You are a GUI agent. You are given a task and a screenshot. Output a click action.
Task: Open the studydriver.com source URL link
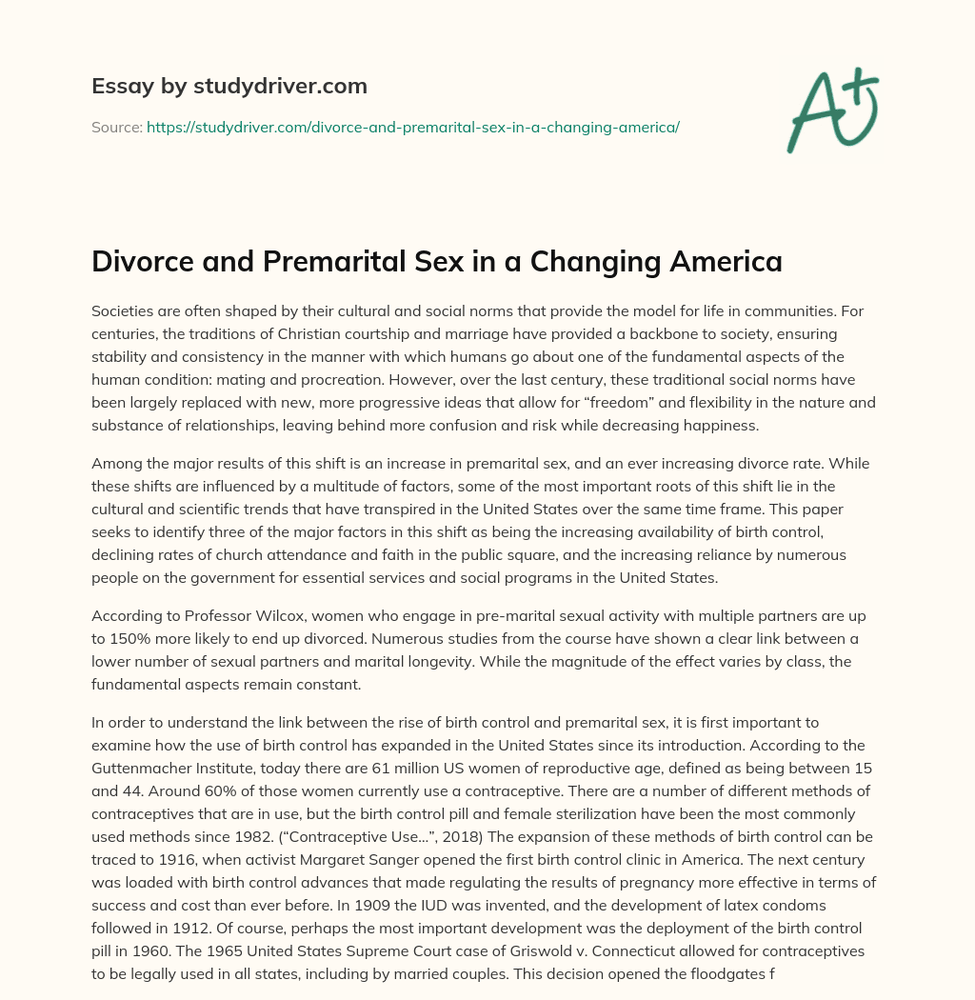pyautogui.click(x=412, y=127)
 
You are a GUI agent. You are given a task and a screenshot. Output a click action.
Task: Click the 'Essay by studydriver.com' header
pyautogui.click(x=229, y=86)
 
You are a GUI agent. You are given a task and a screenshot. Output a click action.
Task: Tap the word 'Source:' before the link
pyautogui.click(x=116, y=127)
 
